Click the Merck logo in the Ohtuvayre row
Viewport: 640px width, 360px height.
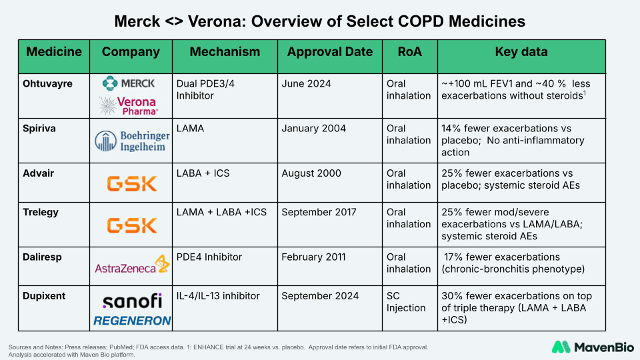(x=129, y=83)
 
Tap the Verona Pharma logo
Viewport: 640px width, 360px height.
(x=129, y=105)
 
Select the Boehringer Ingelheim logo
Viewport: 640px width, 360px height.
(x=132, y=141)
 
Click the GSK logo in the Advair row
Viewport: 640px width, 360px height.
(x=132, y=183)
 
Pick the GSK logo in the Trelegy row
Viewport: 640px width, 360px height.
(x=132, y=225)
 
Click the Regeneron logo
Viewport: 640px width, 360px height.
(x=132, y=321)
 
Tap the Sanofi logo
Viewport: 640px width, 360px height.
(x=132, y=300)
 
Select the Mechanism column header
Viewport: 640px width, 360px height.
(x=225, y=52)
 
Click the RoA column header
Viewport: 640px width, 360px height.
(x=409, y=52)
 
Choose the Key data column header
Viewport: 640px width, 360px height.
(x=521, y=52)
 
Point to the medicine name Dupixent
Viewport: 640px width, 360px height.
(x=44, y=296)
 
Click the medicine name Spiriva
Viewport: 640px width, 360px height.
(x=39, y=128)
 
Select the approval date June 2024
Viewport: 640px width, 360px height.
(x=306, y=84)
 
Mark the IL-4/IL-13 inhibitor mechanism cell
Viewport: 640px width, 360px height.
(x=218, y=296)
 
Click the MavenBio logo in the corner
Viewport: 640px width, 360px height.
(x=587, y=347)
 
